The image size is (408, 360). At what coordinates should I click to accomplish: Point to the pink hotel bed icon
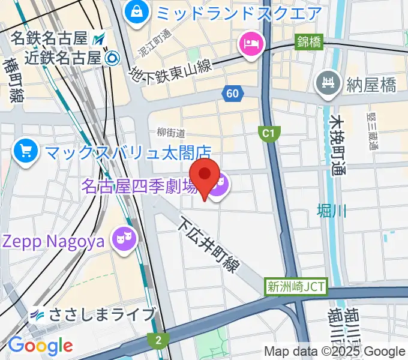pos(250,43)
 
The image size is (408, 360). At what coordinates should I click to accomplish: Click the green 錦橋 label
pos(310,43)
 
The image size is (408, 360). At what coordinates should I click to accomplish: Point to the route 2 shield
pos(158,340)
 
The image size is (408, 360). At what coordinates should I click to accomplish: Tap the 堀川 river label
pos(332,211)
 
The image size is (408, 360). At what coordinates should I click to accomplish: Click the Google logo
pos(40,346)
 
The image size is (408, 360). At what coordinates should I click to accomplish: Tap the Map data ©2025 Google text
pos(335,351)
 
